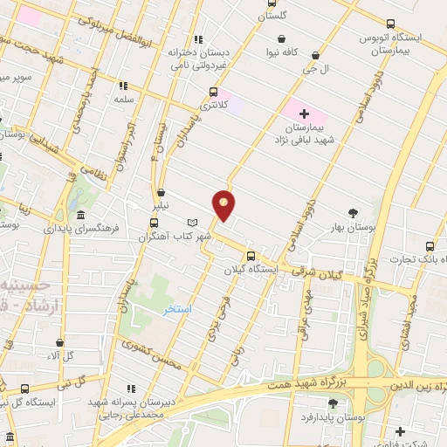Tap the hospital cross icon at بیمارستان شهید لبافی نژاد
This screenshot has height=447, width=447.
[303, 113]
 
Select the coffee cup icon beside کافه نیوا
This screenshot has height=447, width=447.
[281, 39]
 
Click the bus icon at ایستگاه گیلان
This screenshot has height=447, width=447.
[251, 256]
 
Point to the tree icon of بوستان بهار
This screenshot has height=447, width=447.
[353, 213]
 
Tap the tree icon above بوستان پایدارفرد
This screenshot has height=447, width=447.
[333, 402]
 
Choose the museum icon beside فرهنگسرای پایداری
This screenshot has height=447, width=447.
[80, 216]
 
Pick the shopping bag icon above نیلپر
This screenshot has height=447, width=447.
[161, 194]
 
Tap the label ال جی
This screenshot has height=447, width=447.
[313, 67]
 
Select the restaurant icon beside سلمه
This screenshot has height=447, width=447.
[123, 86]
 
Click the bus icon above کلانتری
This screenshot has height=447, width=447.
[213, 91]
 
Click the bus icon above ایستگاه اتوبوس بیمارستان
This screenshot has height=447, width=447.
[390, 24]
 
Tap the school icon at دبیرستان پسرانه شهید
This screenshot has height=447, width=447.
[131, 388]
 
